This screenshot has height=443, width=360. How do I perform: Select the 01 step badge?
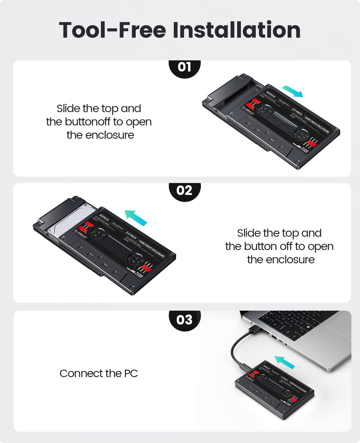click(184, 67)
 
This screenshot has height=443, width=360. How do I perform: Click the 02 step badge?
click(184, 190)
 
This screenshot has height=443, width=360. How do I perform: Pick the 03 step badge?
click(184, 320)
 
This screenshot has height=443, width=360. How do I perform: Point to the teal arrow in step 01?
click(292, 91)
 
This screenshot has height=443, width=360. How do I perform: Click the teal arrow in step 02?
click(136, 218)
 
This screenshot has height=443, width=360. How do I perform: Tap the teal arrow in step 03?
click(284, 362)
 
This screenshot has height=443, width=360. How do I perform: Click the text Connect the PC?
click(99, 374)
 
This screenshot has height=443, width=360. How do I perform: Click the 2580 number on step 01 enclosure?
click(305, 150)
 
